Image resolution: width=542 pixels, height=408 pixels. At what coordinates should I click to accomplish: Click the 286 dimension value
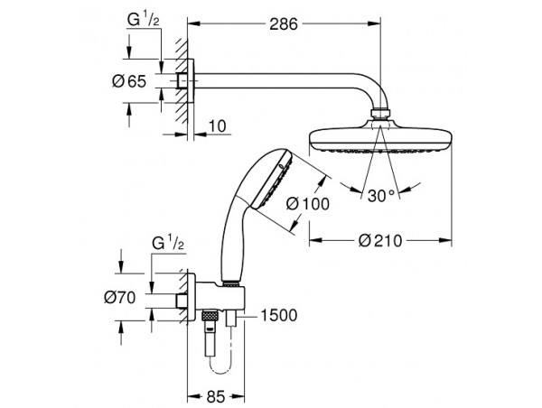(284, 24)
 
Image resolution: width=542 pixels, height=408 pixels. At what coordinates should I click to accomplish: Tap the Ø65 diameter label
(129, 81)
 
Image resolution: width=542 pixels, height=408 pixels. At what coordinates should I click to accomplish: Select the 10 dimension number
(218, 126)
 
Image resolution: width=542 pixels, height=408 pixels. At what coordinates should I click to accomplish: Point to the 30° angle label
(381, 196)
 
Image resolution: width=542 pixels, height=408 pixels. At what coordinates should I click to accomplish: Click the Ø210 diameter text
(380, 240)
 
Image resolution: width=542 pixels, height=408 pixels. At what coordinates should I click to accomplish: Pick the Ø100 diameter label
(308, 204)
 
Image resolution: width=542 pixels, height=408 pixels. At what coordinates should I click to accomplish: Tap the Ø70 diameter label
(120, 298)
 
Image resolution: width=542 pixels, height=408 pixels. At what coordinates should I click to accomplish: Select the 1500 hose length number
(278, 315)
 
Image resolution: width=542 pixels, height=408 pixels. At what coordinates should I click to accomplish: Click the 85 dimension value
(216, 397)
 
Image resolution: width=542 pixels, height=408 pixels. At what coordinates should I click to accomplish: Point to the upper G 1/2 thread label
(143, 20)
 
